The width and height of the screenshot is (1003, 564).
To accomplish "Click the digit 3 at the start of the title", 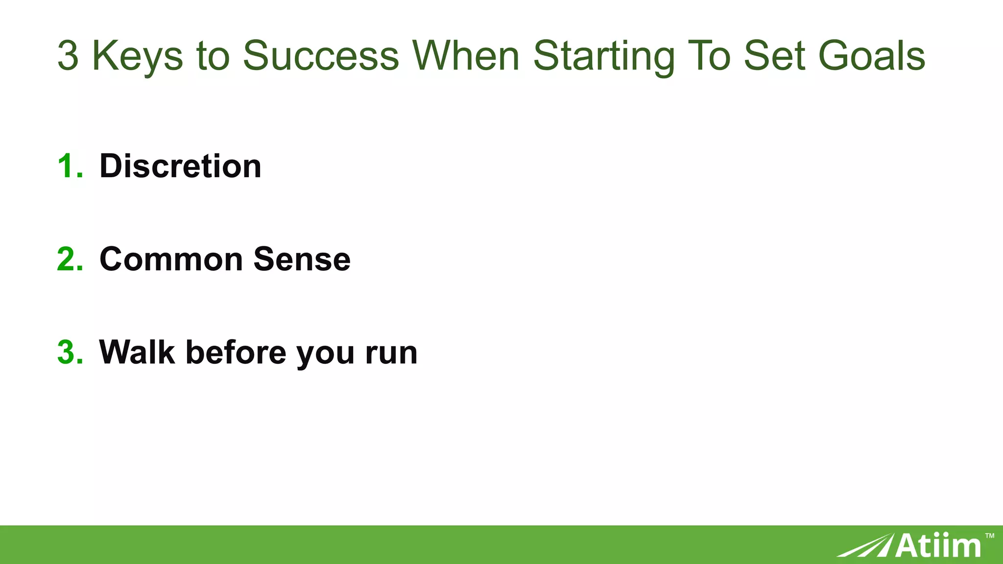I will point(68,56).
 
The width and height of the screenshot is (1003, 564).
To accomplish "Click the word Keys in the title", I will point(138,56).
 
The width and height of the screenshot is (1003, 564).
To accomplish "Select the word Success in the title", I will point(321,56).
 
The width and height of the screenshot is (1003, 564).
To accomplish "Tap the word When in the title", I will point(466,56).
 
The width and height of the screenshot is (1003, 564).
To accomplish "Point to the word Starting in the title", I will point(604,56).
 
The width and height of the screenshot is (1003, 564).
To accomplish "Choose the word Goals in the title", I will point(872,56).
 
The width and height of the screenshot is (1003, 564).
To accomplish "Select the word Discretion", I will point(180,166).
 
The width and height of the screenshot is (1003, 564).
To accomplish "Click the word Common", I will point(171,259).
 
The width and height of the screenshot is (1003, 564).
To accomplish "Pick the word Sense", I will point(302,259).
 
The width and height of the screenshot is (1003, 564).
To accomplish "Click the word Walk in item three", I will point(137,352).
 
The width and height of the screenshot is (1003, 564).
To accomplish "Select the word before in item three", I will point(236,352).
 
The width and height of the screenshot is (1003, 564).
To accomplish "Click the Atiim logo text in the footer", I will point(938,545).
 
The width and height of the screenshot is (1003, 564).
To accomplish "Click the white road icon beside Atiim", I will point(864,546).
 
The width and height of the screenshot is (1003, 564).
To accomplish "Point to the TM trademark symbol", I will point(989,536).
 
